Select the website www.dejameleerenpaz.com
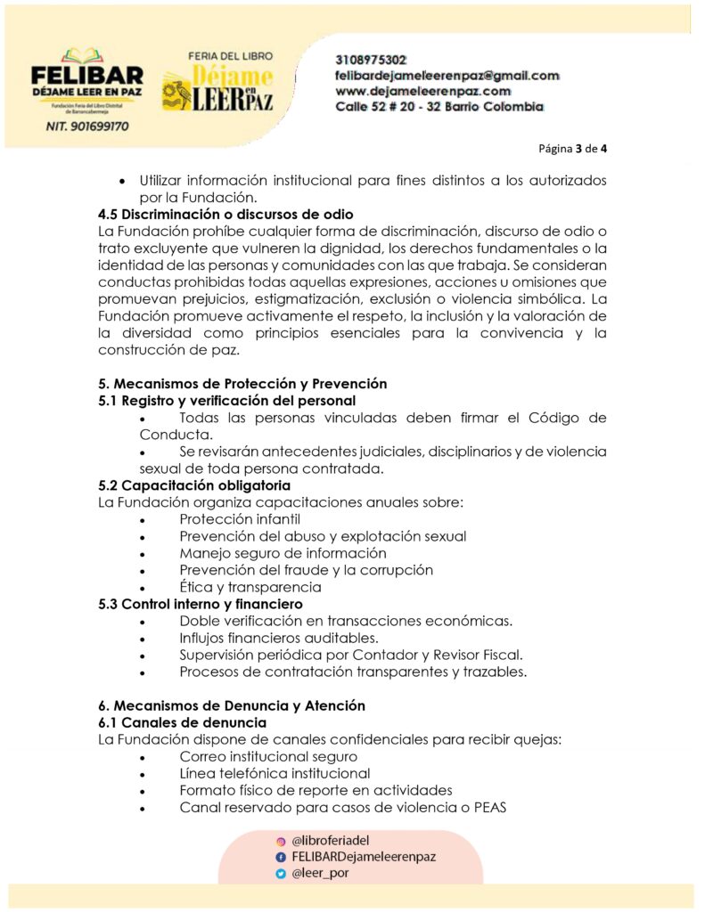click(x=422, y=91)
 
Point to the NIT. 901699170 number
click(x=86, y=126)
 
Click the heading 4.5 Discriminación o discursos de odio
click(x=225, y=214)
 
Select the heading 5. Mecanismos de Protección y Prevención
click(x=242, y=384)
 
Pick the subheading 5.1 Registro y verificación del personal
click(x=226, y=401)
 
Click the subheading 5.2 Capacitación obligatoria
click(x=193, y=485)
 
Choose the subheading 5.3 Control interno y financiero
click(x=201, y=604)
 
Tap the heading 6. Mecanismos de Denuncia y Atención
click(x=232, y=705)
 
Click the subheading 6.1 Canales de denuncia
click(x=182, y=722)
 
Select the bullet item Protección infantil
click(x=239, y=519)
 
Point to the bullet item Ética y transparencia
click(x=250, y=587)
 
